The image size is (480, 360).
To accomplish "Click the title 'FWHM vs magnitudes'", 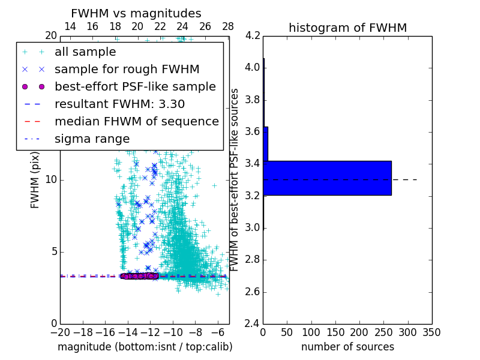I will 136,13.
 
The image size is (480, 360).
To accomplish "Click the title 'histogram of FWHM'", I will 347,28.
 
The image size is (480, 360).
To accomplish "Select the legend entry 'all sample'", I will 85,52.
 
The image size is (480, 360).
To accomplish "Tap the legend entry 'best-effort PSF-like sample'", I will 135,86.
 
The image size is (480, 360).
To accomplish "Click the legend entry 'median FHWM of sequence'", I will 136,121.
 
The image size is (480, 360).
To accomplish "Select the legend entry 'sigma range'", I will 92,139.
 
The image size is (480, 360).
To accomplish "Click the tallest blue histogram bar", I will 327,178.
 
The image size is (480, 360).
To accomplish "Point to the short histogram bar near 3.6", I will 265,143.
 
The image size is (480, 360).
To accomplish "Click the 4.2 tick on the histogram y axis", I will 253,35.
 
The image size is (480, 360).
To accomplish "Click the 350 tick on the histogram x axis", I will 431,332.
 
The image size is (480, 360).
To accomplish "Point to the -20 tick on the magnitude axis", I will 60,332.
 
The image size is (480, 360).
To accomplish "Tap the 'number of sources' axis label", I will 347,347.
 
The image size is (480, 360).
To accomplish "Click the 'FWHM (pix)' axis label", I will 35,179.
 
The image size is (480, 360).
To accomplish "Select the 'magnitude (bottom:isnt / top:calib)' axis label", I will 145,347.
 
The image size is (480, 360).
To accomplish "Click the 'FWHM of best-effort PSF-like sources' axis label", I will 235,179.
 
